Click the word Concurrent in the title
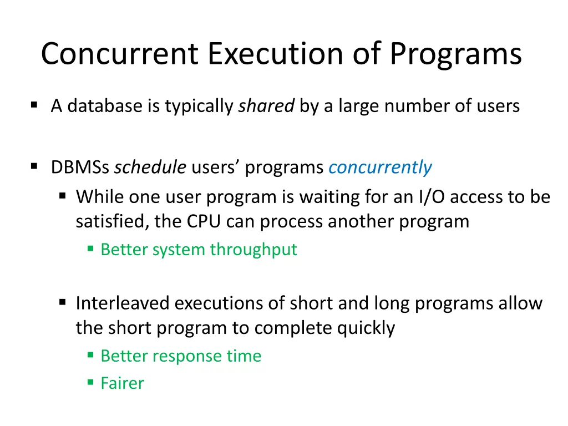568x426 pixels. point(119,54)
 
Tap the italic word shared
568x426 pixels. point(266,105)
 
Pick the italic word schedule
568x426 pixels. point(150,167)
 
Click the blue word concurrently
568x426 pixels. point(380,167)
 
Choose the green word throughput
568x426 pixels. point(253,250)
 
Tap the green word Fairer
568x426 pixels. point(122,383)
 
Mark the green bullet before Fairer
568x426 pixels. point(90,382)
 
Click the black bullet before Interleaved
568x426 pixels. point(63,302)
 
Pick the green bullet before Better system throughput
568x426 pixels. point(90,248)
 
